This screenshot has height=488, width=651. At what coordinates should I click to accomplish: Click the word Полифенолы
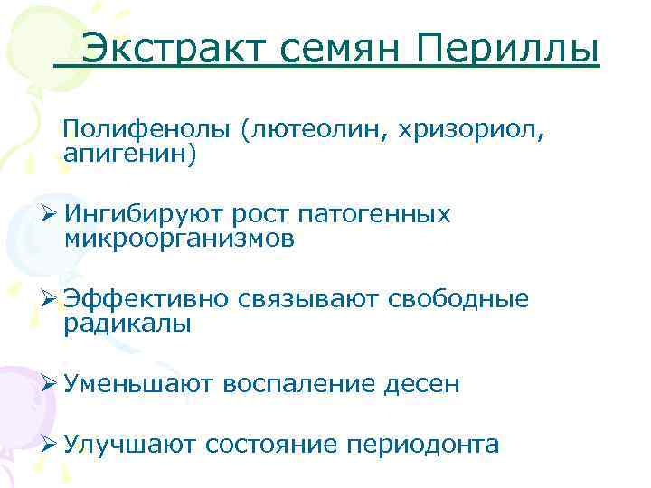[147, 132]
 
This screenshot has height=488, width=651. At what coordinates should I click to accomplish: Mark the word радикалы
[127, 323]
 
